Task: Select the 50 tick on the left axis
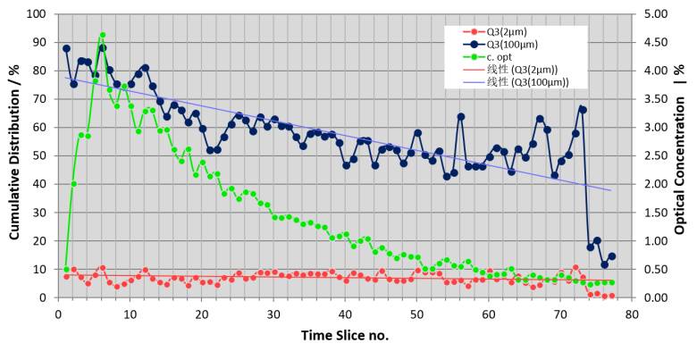point(39,155)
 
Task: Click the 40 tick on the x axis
point(345,314)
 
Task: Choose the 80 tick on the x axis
point(632,314)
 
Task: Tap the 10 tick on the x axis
point(130,314)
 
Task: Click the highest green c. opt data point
point(102,36)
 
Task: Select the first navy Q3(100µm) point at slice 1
point(66,48)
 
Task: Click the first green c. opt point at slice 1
point(66,269)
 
